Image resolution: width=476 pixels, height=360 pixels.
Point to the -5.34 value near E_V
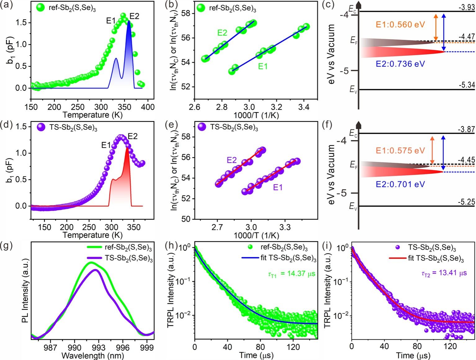[x=467, y=85]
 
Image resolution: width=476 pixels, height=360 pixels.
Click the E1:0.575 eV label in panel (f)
[x=400, y=151]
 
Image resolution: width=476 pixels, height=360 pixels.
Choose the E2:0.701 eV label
[x=400, y=184]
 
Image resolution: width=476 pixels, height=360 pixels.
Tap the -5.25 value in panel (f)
[x=467, y=202]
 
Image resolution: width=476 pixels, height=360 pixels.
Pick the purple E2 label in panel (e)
[x=231, y=160]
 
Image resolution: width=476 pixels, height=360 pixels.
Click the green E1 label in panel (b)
[x=263, y=66]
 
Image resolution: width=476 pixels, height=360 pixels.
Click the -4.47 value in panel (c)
[x=467, y=37]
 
